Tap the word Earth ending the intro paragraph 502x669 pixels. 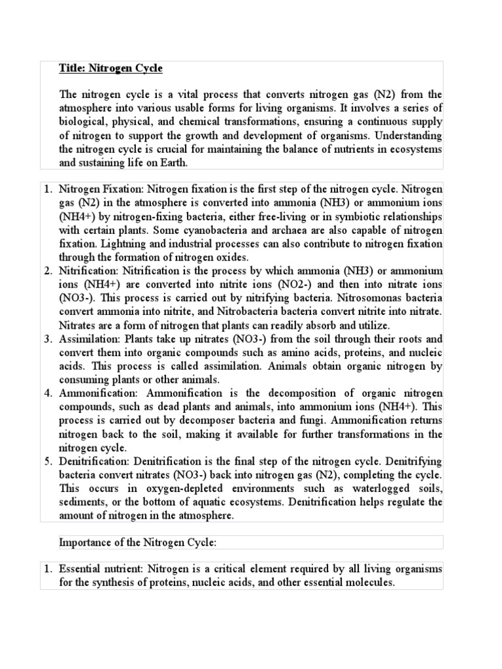click(171, 163)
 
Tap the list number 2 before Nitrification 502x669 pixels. click(48, 270)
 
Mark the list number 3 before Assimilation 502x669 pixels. click(48, 339)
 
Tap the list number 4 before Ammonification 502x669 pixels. click(48, 393)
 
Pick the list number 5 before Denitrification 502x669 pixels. click(48, 461)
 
